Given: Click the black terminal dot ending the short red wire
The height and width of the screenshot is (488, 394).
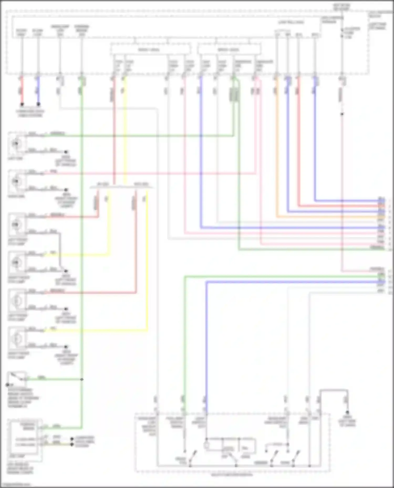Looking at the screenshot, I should click(22, 104).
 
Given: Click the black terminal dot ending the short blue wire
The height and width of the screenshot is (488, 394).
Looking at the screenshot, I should click(38, 104).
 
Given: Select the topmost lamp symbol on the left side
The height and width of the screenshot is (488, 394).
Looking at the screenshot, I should click(17, 143).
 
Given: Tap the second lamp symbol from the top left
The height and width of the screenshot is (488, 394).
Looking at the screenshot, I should click(17, 181).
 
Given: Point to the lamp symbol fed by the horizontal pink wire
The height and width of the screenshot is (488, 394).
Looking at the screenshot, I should click(17, 181).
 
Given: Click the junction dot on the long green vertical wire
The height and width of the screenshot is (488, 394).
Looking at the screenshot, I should click(82, 379).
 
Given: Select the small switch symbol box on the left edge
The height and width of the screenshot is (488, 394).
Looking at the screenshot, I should click(17, 378).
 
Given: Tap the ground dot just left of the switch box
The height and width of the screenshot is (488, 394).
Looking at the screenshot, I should click(8, 385).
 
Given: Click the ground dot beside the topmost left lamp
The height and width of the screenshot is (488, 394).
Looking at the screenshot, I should click(66, 152).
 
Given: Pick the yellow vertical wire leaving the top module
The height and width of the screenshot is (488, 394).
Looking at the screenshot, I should click(125, 131).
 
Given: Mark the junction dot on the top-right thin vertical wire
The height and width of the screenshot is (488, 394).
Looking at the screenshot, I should click(342, 114).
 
